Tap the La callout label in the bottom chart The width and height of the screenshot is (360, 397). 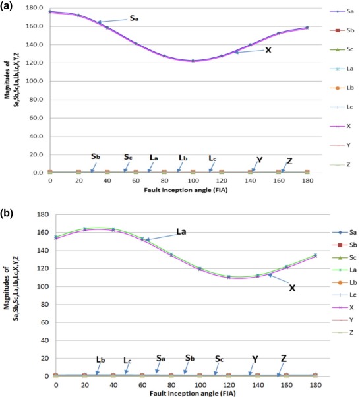[183, 232]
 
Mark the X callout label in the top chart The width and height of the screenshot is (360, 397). [268, 49]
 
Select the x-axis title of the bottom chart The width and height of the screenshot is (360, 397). [182, 394]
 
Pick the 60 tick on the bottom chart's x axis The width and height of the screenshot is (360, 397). [142, 384]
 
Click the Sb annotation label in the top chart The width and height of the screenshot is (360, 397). [96, 156]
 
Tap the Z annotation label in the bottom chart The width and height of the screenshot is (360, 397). [284, 359]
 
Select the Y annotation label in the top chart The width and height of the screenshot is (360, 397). [259, 160]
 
